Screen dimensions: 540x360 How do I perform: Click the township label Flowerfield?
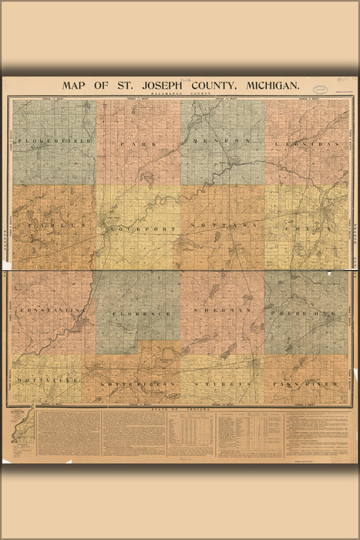pos(53,142)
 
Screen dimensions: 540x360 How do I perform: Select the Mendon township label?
pos(224,142)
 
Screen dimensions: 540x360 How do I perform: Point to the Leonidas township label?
pos(306,144)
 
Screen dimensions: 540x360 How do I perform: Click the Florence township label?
pos(140,315)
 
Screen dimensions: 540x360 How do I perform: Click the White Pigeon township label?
pos(140,383)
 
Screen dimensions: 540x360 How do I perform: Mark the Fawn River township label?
pos(308,383)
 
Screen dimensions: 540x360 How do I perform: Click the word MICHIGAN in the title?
pos(261,86)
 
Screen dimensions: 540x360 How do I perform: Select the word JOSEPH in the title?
pos(155,86)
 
